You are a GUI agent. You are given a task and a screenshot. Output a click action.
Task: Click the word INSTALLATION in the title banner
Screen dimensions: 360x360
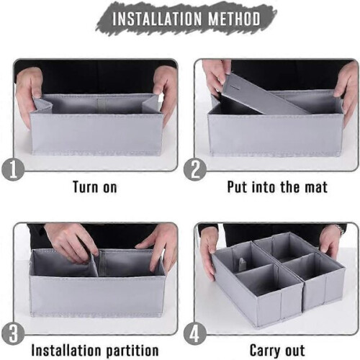(x=157, y=19)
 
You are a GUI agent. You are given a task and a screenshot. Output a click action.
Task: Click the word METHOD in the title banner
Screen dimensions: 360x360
(x=234, y=19)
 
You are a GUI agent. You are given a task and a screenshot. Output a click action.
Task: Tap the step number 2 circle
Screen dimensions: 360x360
(x=195, y=169)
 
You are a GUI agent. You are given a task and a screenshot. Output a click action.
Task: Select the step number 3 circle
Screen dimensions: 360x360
(x=13, y=333)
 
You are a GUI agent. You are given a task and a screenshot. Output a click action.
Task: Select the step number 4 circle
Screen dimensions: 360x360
(x=195, y=333)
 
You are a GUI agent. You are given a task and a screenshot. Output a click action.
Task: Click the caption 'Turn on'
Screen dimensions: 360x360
(x=95, y=187)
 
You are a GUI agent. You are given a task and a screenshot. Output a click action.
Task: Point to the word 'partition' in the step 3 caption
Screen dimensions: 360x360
(x=132, y=351)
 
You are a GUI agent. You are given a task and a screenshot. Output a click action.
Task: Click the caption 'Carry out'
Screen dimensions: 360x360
(x=277, y=351)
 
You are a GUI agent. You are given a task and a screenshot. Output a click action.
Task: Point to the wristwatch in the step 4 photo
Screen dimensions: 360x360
(x=339, y=229)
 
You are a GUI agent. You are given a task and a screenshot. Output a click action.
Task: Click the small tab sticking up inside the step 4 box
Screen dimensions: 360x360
(x=242, y=264)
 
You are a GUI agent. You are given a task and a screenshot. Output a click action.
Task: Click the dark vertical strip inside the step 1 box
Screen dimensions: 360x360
(x=102, y=106)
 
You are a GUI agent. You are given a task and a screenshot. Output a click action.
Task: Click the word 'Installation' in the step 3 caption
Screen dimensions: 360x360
(x=68, y=351)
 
